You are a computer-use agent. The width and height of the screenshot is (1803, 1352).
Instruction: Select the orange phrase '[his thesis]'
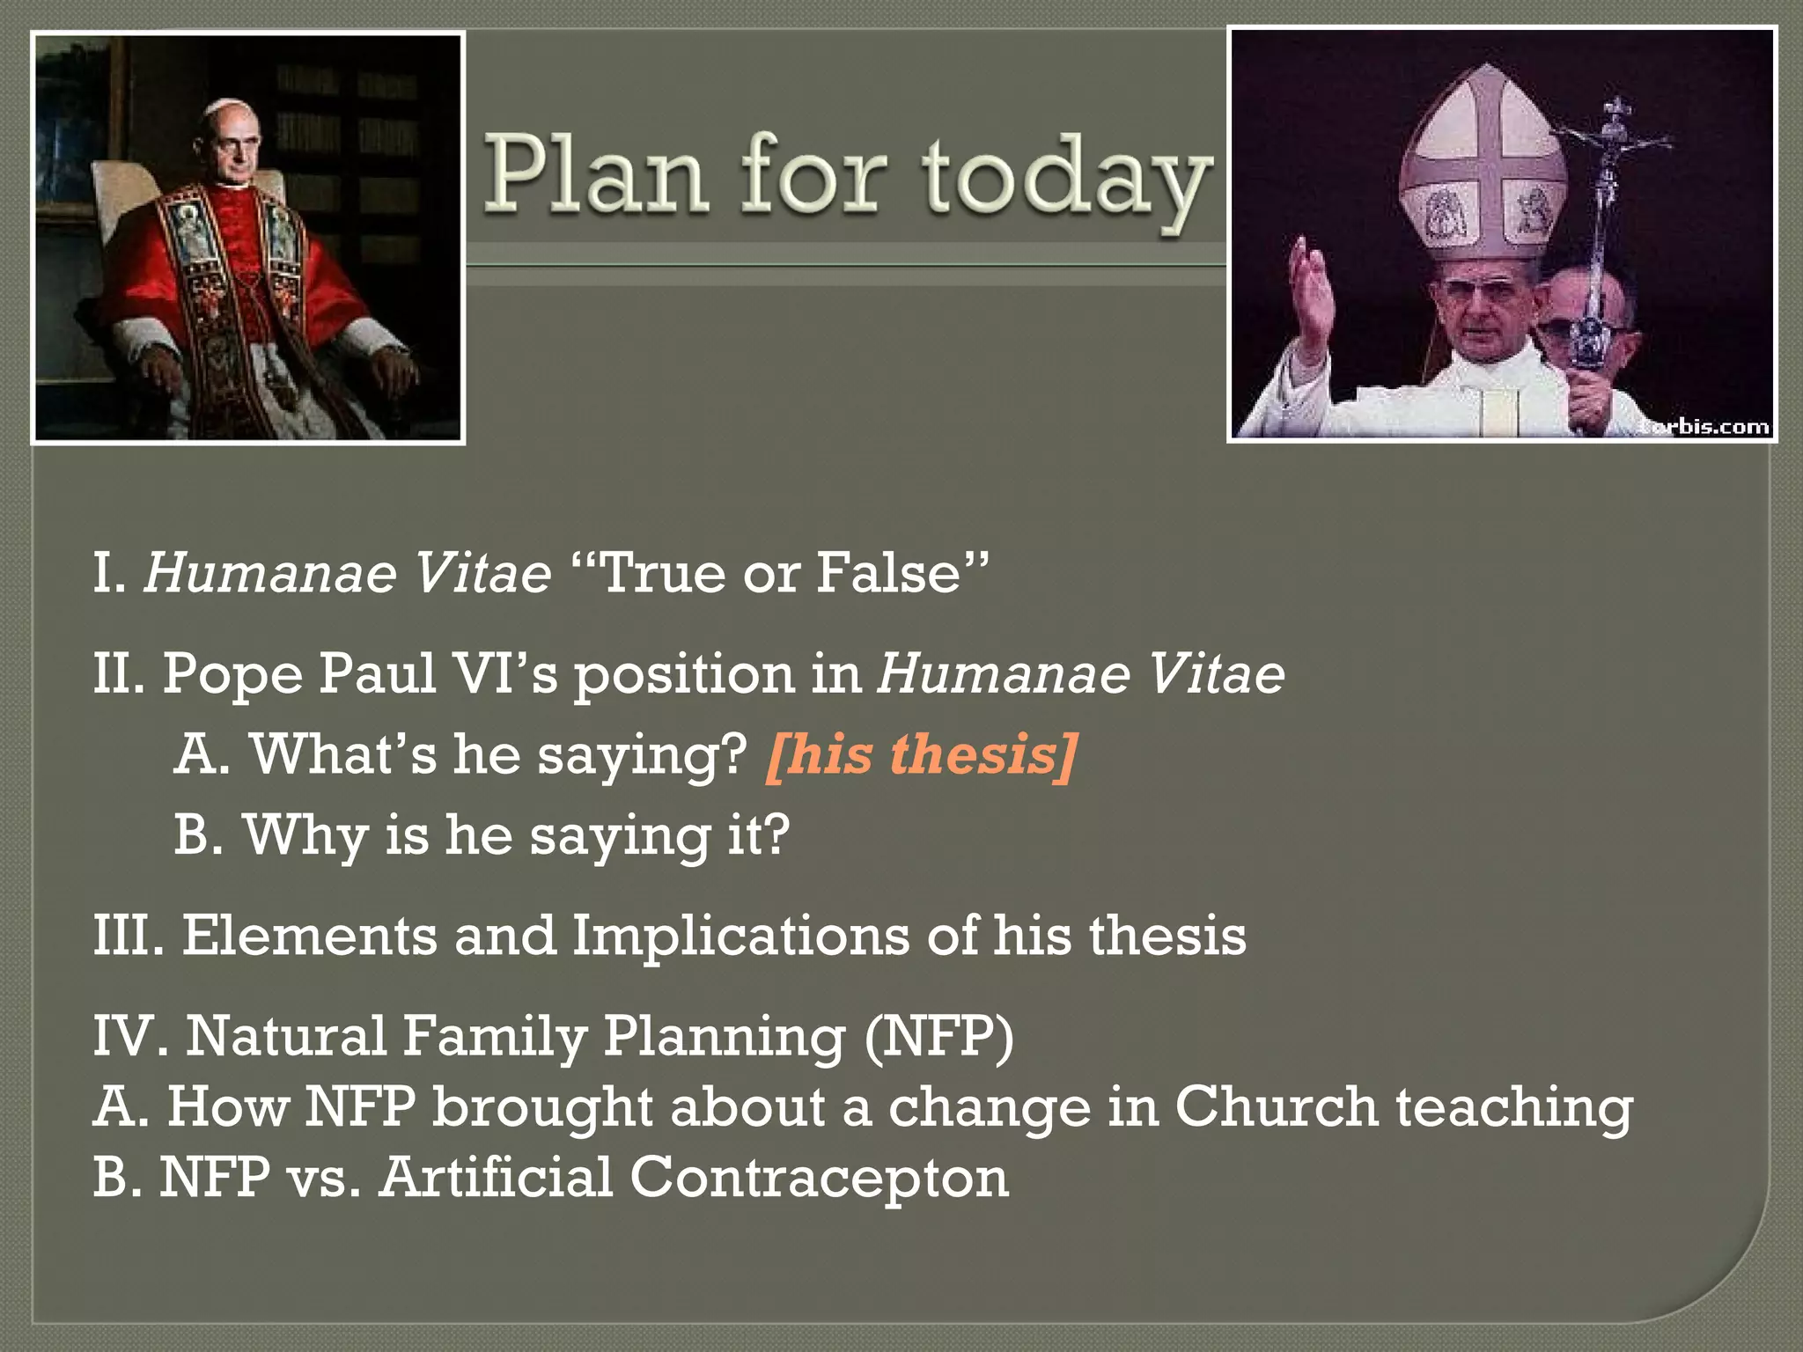[921, 754]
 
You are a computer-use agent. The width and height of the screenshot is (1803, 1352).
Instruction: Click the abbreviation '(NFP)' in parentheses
[938, 1036]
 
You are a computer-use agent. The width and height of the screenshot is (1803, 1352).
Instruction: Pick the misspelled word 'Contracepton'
[819, 1177]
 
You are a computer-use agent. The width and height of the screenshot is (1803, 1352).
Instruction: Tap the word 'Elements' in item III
[309, 935]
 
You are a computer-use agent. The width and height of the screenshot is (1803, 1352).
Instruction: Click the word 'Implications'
[740, 935]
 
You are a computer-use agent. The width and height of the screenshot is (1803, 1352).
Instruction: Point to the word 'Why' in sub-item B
[305, 834]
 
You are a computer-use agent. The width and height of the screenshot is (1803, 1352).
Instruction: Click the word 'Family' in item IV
[494, 1036]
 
